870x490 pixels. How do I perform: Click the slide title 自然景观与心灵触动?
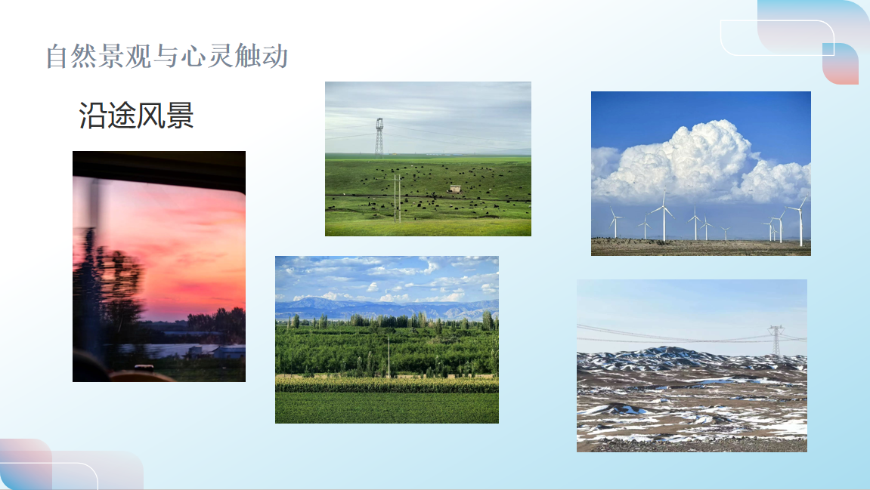167,56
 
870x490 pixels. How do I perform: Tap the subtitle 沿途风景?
136,116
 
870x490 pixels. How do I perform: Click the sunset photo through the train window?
159,266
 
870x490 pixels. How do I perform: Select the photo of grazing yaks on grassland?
429,159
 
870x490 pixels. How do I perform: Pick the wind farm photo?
701,174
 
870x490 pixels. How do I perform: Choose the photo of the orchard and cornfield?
387,340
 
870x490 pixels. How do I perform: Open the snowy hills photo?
692,366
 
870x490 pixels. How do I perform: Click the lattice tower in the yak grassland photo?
379,137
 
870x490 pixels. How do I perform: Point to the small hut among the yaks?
455,189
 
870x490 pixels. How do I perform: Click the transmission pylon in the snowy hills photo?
776,341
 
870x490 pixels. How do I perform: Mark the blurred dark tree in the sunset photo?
108,288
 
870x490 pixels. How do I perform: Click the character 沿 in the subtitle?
92,116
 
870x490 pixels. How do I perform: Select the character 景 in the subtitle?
180,116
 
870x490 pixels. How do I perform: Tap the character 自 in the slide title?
57,57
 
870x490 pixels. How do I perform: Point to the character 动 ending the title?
276,57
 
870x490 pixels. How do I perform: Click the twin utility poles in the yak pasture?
398,199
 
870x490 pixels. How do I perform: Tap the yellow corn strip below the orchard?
387,384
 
